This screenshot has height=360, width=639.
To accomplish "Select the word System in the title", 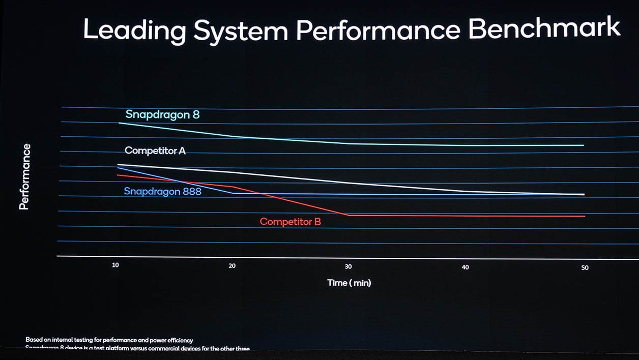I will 237,32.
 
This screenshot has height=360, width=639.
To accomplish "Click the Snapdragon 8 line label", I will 162,114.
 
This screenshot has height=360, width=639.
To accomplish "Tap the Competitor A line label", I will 155,151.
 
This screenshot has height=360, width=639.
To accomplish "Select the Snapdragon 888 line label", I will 162,192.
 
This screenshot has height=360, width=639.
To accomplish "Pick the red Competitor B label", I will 290,222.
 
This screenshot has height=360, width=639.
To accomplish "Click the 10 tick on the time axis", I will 116,265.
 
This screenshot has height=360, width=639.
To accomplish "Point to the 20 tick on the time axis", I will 232,266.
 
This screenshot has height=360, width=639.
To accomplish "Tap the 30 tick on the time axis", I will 348,266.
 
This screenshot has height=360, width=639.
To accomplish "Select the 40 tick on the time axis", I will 465,267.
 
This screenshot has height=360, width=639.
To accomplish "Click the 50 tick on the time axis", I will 585,267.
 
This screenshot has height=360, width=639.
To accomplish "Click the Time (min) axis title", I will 349,283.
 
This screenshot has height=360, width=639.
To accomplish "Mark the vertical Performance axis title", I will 24,177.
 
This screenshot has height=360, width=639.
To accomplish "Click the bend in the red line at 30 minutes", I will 348,215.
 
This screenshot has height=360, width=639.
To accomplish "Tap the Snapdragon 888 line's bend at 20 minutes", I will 233,193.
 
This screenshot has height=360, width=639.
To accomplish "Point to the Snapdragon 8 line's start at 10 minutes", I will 119,123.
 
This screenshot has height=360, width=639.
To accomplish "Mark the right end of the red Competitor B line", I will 585,216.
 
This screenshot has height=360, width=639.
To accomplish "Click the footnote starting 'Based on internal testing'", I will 109,340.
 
